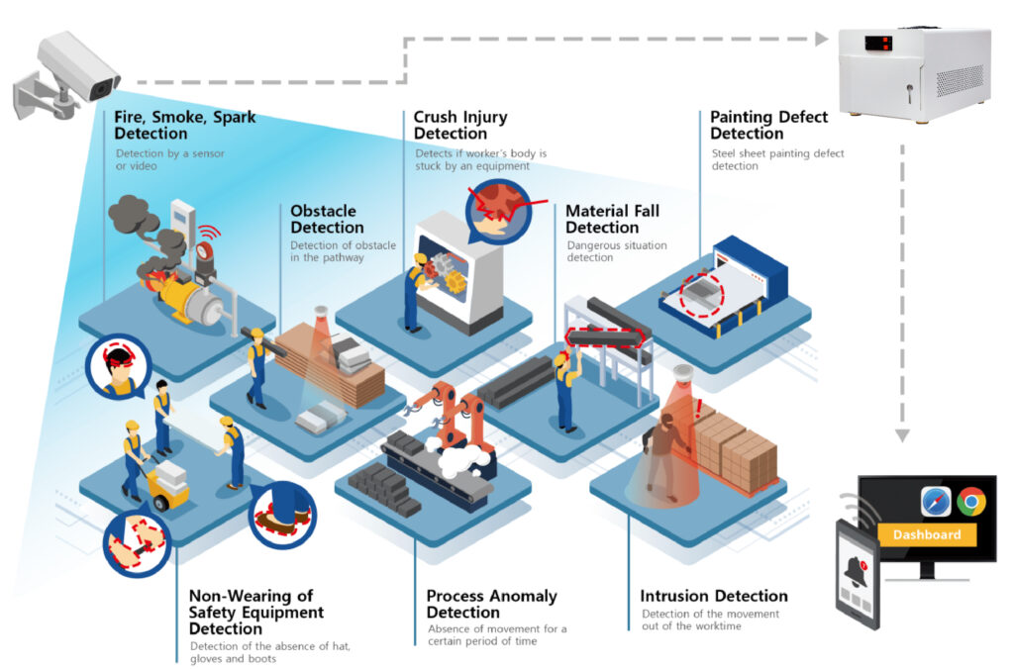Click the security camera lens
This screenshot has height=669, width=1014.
pos(102,88)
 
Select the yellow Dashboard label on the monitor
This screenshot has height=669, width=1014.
pos(927,534)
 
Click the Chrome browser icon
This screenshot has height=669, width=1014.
pos(970,503)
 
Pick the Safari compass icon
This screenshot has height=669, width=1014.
pos(935,503)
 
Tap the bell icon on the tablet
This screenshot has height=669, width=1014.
pos(858,570)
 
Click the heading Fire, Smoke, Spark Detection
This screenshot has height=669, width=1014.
pos(184,125)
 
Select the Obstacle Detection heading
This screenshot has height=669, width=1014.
pos(327,219)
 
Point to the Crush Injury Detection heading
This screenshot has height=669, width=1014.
pos(460,125)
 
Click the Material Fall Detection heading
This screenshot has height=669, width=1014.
pos(612,219)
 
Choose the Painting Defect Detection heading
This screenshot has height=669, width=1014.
pos(768,125)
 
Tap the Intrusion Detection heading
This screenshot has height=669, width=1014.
pos(714,596)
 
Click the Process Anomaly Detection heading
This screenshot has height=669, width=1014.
pos(491,604)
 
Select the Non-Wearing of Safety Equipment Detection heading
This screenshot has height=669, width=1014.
pos(255,612)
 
